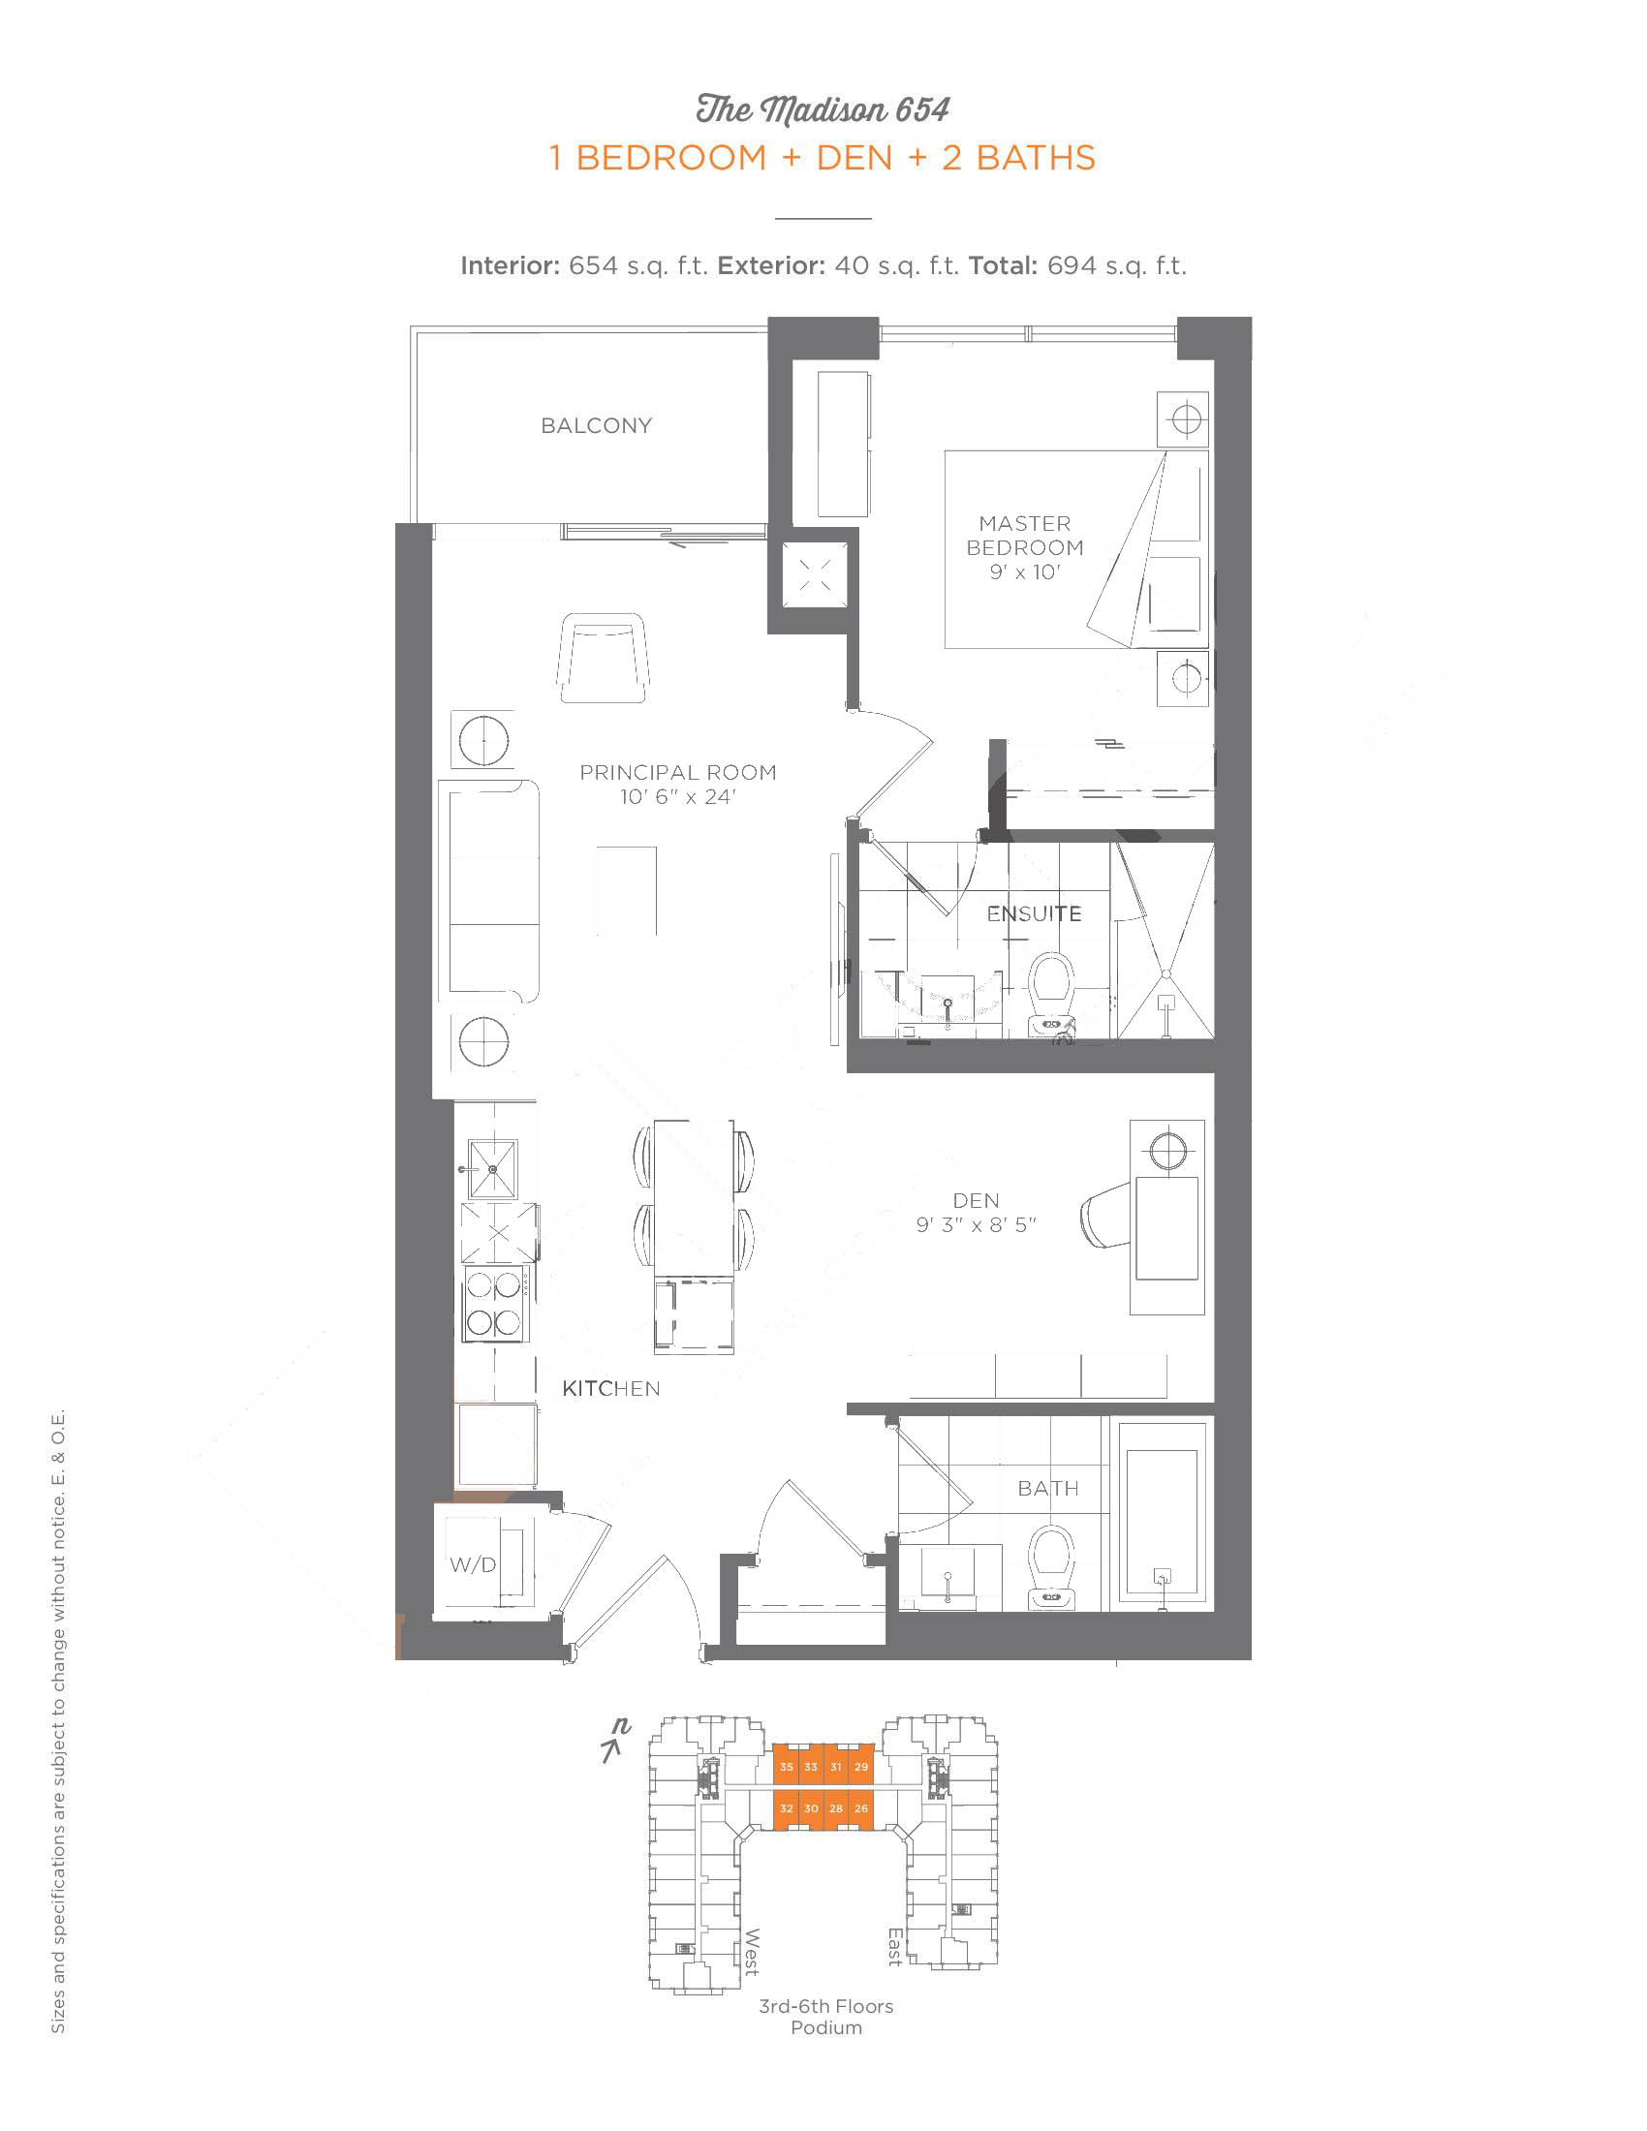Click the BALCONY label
[596, 425]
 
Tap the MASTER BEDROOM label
[1024, 536]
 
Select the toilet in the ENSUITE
[1052, 992]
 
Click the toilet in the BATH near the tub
[1052, 1567]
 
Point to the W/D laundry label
[473, 1565]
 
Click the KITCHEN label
[610, 1388]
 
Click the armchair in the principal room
[604, 658]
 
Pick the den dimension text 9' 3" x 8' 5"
[976, 1224]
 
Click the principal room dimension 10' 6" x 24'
[678, 796]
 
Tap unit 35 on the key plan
[787, 1767]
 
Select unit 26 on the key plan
[860, 1808]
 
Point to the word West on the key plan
[752, 1952]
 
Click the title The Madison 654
[823, 109]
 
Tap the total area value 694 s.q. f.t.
[1117, 265]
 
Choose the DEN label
[976, 1200]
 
